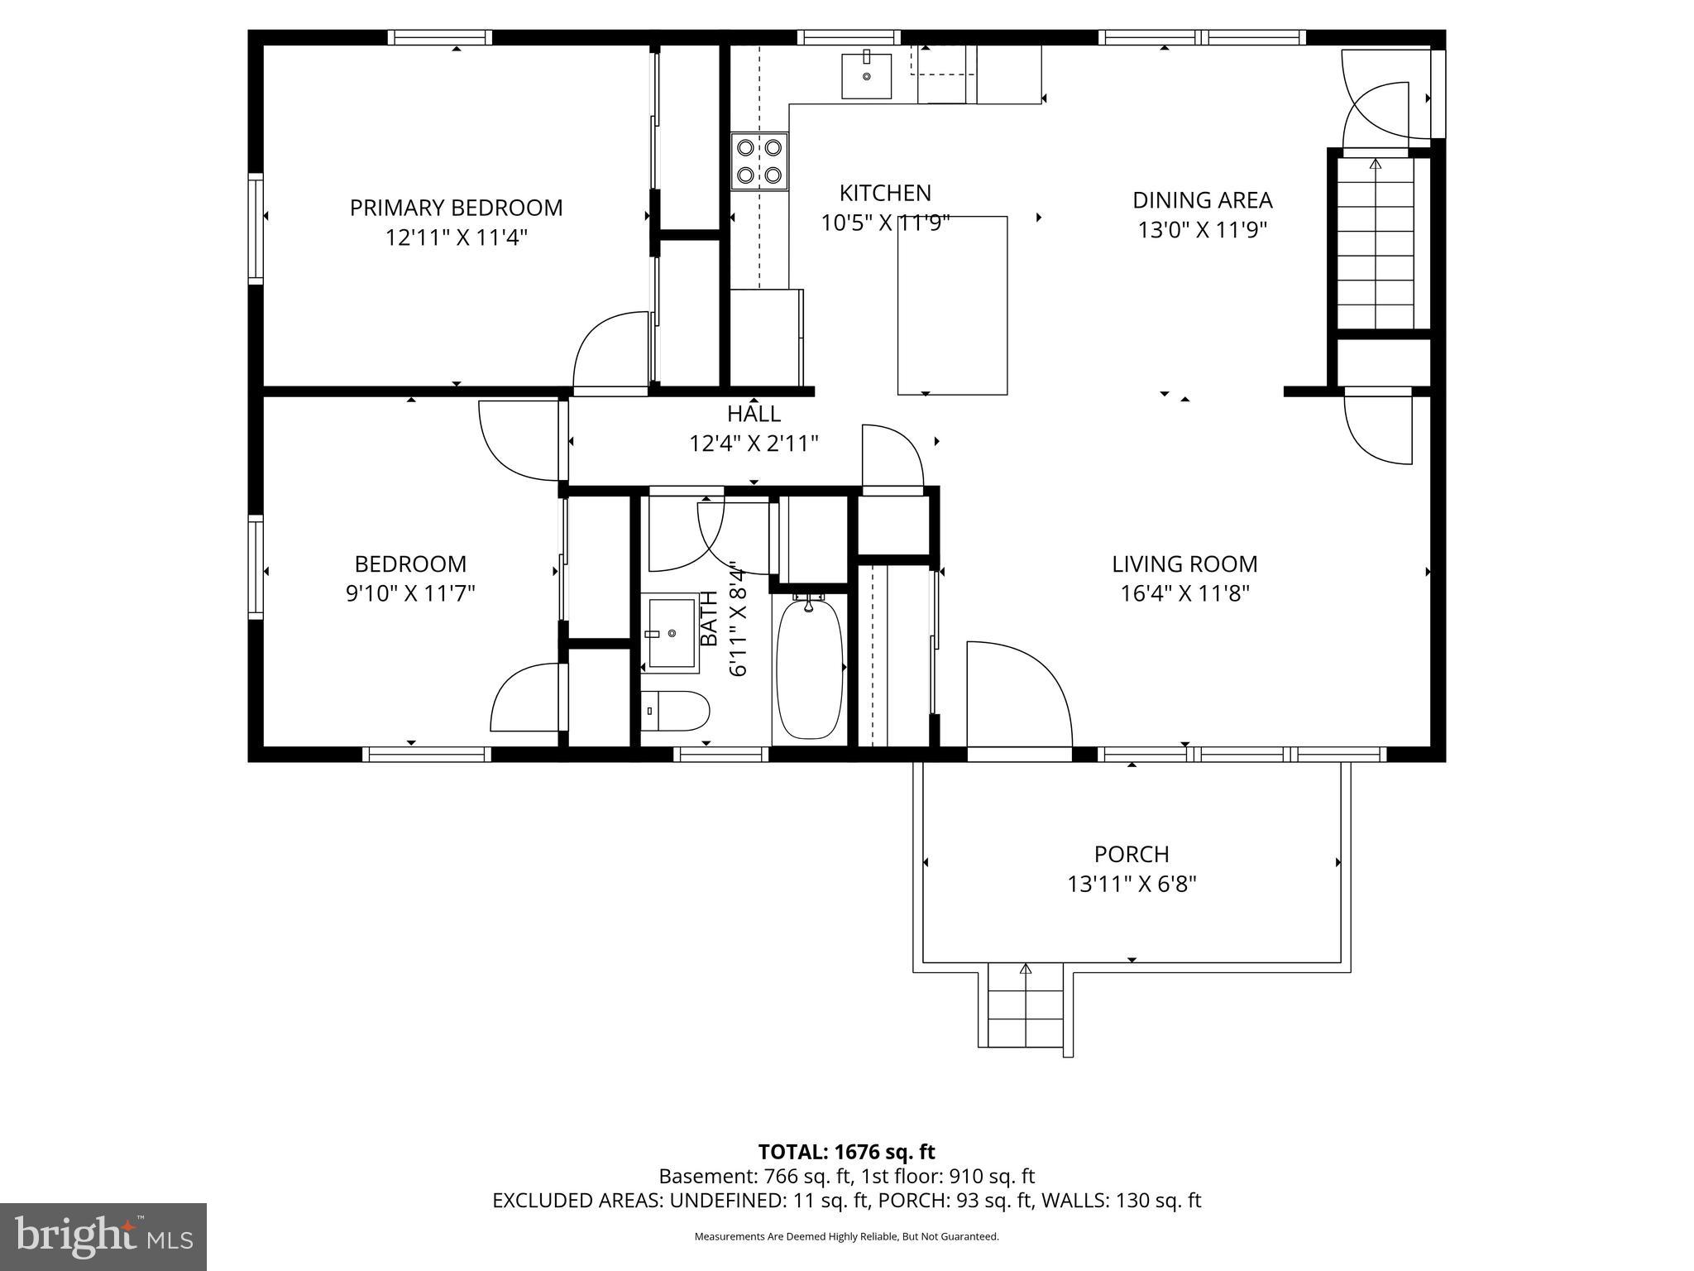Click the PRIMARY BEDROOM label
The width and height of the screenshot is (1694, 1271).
456,208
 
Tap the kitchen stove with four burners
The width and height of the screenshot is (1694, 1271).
759,161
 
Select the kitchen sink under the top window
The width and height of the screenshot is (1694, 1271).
867,76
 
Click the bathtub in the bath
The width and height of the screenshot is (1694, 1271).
810,670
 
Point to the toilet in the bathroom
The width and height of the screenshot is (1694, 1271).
676,712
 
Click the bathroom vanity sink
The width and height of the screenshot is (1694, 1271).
671,634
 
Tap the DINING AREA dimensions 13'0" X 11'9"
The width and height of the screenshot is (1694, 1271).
1202,230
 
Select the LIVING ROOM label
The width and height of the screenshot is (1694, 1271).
1184,564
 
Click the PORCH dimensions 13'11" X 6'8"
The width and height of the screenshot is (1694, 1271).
1132,885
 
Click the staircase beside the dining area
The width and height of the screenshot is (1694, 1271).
1376,244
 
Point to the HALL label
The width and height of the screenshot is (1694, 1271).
754,414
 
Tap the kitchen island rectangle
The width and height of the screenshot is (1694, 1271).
952,305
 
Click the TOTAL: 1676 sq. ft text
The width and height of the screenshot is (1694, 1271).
846,1152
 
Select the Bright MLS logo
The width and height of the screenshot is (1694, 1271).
103,1236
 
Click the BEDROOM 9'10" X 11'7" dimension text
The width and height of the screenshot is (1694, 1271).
410,594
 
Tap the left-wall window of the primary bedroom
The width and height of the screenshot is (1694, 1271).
256,229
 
